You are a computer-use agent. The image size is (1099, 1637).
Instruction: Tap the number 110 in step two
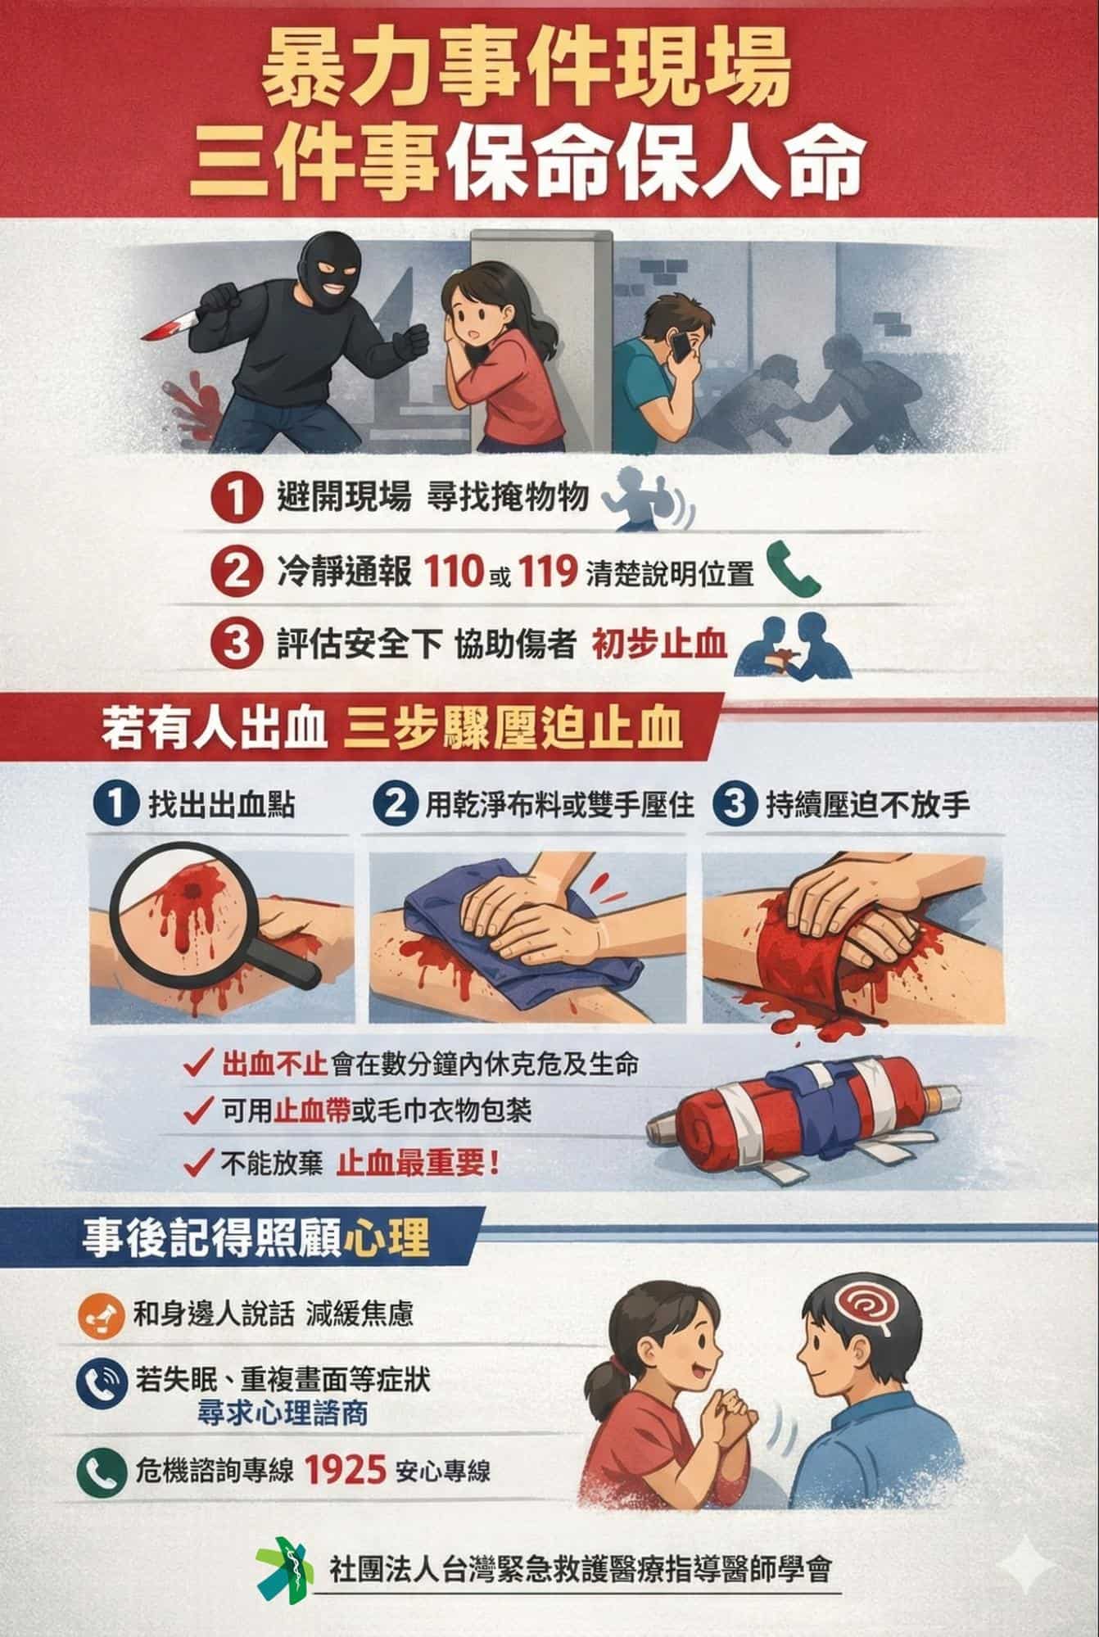[x=453, y=572]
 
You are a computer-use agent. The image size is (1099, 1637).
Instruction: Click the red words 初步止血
[x=659, y=644]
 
